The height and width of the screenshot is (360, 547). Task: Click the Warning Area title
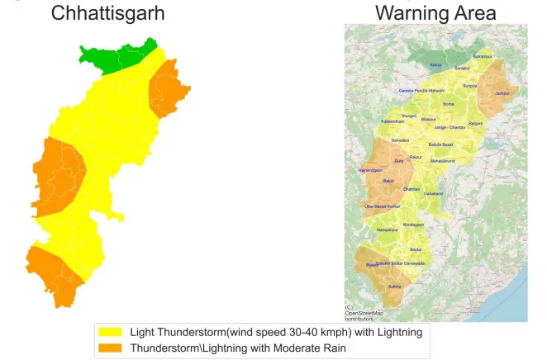pos(435,13)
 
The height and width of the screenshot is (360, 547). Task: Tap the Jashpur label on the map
pos(502,94)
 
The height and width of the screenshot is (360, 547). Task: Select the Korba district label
pos(449,104)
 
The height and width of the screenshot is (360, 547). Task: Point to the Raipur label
pos(416,157)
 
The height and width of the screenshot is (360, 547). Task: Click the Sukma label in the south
pos(395,287)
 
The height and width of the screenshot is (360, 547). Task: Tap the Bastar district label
pos(416,249)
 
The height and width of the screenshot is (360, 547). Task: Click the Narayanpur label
pos(388,230)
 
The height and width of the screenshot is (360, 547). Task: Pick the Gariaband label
pos(434,193)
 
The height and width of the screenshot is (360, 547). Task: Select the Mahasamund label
pos(444,161)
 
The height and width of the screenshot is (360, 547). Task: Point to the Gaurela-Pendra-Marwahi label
pos(421,90)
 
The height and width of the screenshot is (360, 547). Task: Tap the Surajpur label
pos(470,85)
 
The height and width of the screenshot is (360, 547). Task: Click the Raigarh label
pos(475,123)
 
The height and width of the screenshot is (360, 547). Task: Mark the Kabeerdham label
pos(392,121)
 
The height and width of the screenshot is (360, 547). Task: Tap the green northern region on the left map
pos(120,58)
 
